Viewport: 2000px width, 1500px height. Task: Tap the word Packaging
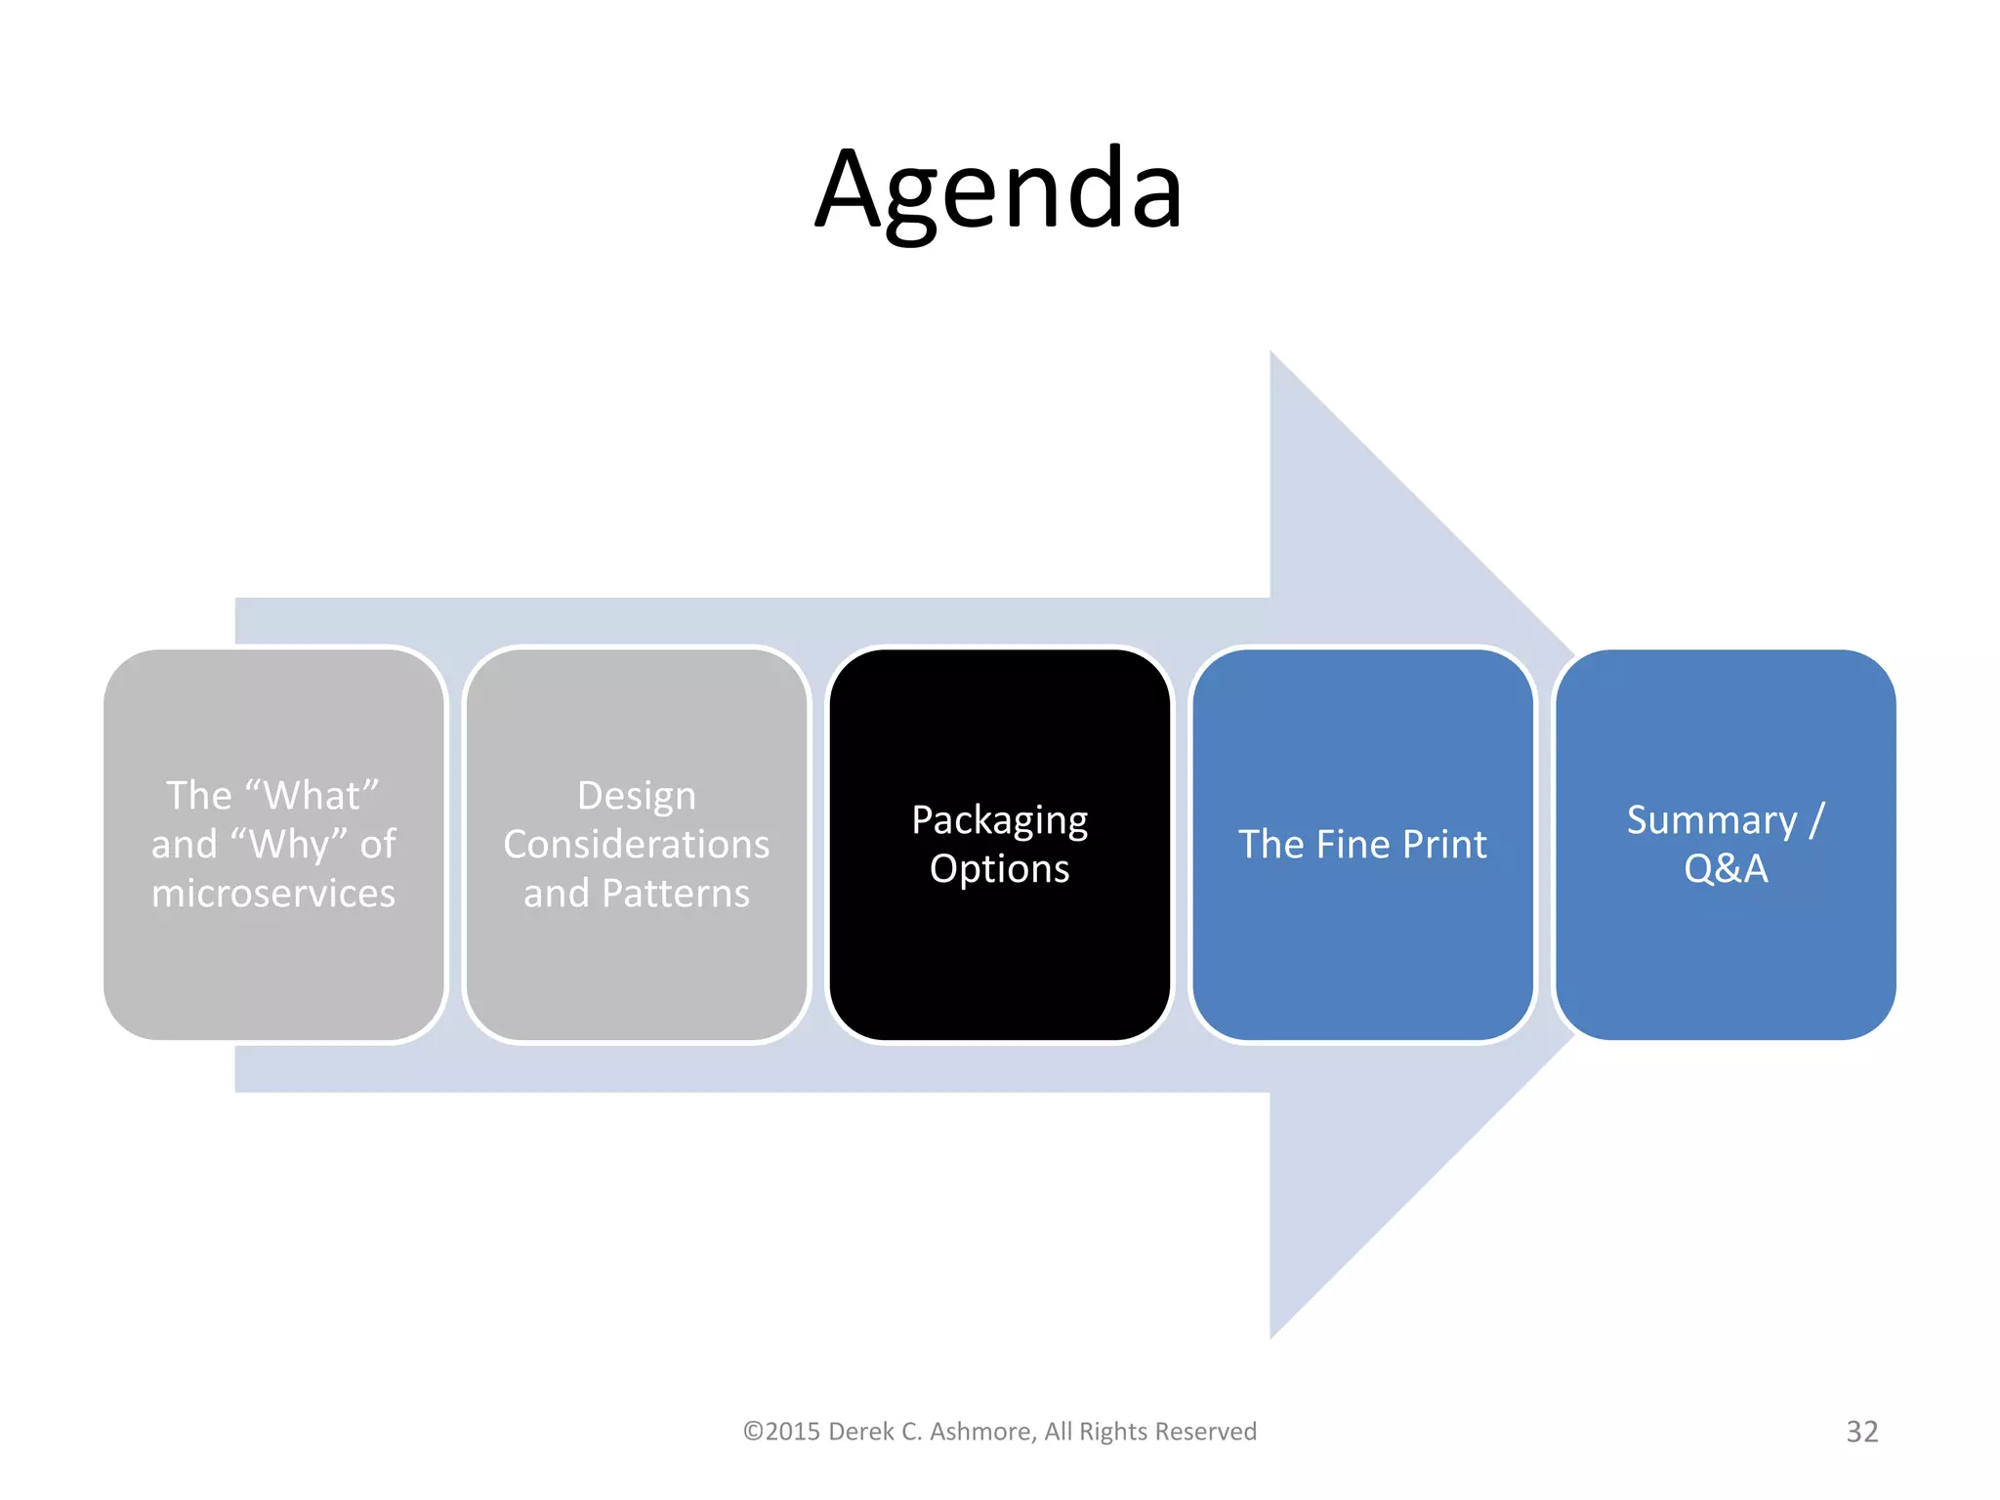999,821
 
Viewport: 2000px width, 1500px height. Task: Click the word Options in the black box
999,869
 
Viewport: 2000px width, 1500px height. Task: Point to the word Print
1444,845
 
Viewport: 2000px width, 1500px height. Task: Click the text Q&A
1726,869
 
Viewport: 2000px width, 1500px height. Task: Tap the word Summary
1711,820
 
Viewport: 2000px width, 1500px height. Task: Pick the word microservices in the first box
273,894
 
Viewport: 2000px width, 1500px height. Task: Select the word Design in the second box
637,796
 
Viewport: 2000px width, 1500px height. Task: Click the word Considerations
637,845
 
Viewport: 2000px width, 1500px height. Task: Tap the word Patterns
676,894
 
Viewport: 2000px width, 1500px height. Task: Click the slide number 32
1861,1432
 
